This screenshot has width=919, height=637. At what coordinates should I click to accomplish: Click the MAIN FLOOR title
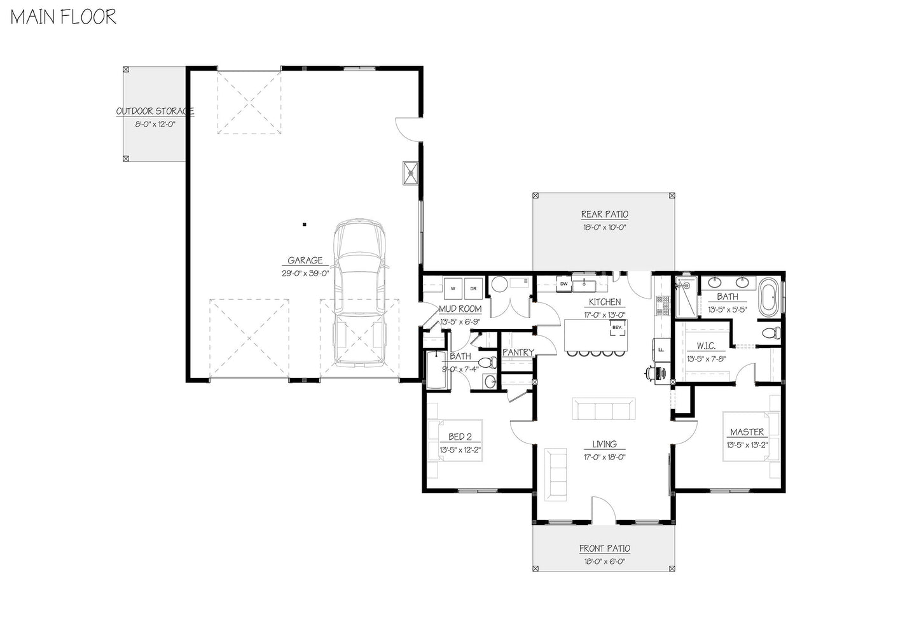(64, 17)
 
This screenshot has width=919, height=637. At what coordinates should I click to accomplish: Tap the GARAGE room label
(305, 260)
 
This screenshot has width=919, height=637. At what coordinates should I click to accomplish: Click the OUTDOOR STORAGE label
(155, 111)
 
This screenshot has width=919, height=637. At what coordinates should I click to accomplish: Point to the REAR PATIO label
(604, 214)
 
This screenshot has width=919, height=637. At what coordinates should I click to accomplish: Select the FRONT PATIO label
(604, 549)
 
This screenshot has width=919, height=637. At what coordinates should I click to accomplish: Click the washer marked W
(453, 288)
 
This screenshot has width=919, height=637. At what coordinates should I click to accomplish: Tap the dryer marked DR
(473, 288)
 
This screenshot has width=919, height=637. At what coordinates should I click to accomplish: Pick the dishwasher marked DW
(564, 284)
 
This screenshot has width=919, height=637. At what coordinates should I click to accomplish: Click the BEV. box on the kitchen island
(618, 328)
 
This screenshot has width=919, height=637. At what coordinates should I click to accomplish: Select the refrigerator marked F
(661, 350)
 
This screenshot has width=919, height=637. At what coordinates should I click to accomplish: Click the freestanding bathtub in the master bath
(769, 298)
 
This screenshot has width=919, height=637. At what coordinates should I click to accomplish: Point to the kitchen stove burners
(663, 306)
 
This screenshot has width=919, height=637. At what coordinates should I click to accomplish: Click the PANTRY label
(518, 352)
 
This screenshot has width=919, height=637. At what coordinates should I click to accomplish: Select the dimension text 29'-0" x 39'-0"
(305, 274)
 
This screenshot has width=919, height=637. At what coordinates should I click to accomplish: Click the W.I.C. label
(706, 346)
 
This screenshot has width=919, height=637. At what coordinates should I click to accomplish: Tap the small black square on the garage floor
(305, 225)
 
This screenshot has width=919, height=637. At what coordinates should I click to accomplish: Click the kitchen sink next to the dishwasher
(584, 284)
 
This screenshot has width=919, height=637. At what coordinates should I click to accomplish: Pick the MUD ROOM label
(460, 309)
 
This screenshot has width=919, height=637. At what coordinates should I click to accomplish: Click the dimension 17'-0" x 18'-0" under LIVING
(604, 458)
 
